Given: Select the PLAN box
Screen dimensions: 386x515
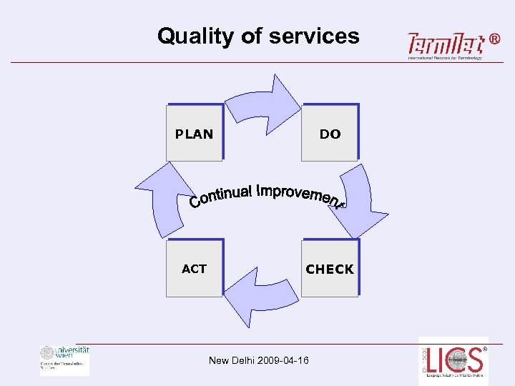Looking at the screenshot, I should click(195, 133).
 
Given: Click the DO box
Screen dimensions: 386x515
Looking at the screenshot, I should click(330, 133).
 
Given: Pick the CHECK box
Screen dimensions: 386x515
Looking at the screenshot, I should click(330, 268).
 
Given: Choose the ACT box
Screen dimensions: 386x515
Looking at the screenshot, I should click(195, 268).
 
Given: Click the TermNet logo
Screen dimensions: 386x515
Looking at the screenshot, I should click(443, 44).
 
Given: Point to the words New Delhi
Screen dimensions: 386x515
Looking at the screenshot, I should click(228, 360).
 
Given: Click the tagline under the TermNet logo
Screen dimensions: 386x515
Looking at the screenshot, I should click(445, 58).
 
